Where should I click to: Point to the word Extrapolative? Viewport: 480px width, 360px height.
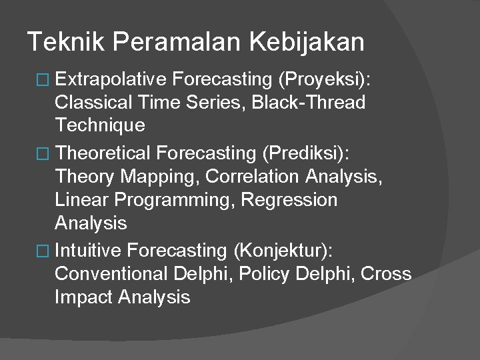click(111, 80)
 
